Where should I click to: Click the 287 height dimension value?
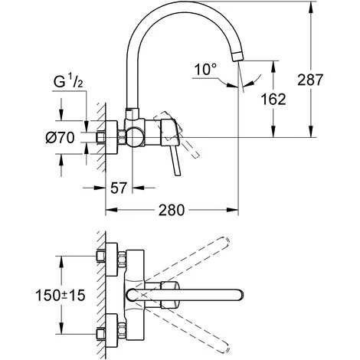tap(335, 80)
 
